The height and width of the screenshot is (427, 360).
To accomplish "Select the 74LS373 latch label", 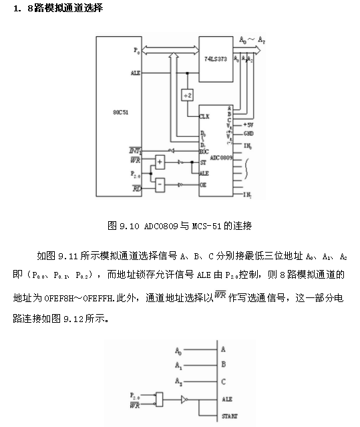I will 216,59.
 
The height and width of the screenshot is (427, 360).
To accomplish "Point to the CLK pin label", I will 204,117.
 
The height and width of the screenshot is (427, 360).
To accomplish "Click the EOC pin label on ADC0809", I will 204,151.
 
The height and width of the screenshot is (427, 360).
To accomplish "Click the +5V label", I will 248,124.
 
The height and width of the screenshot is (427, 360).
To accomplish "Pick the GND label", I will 248,134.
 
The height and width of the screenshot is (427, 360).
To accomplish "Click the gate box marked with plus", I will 160,161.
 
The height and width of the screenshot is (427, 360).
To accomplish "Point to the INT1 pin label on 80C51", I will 136,151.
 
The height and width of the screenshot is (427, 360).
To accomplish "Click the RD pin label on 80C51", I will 136,189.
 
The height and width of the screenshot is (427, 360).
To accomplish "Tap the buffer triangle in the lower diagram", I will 185,400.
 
